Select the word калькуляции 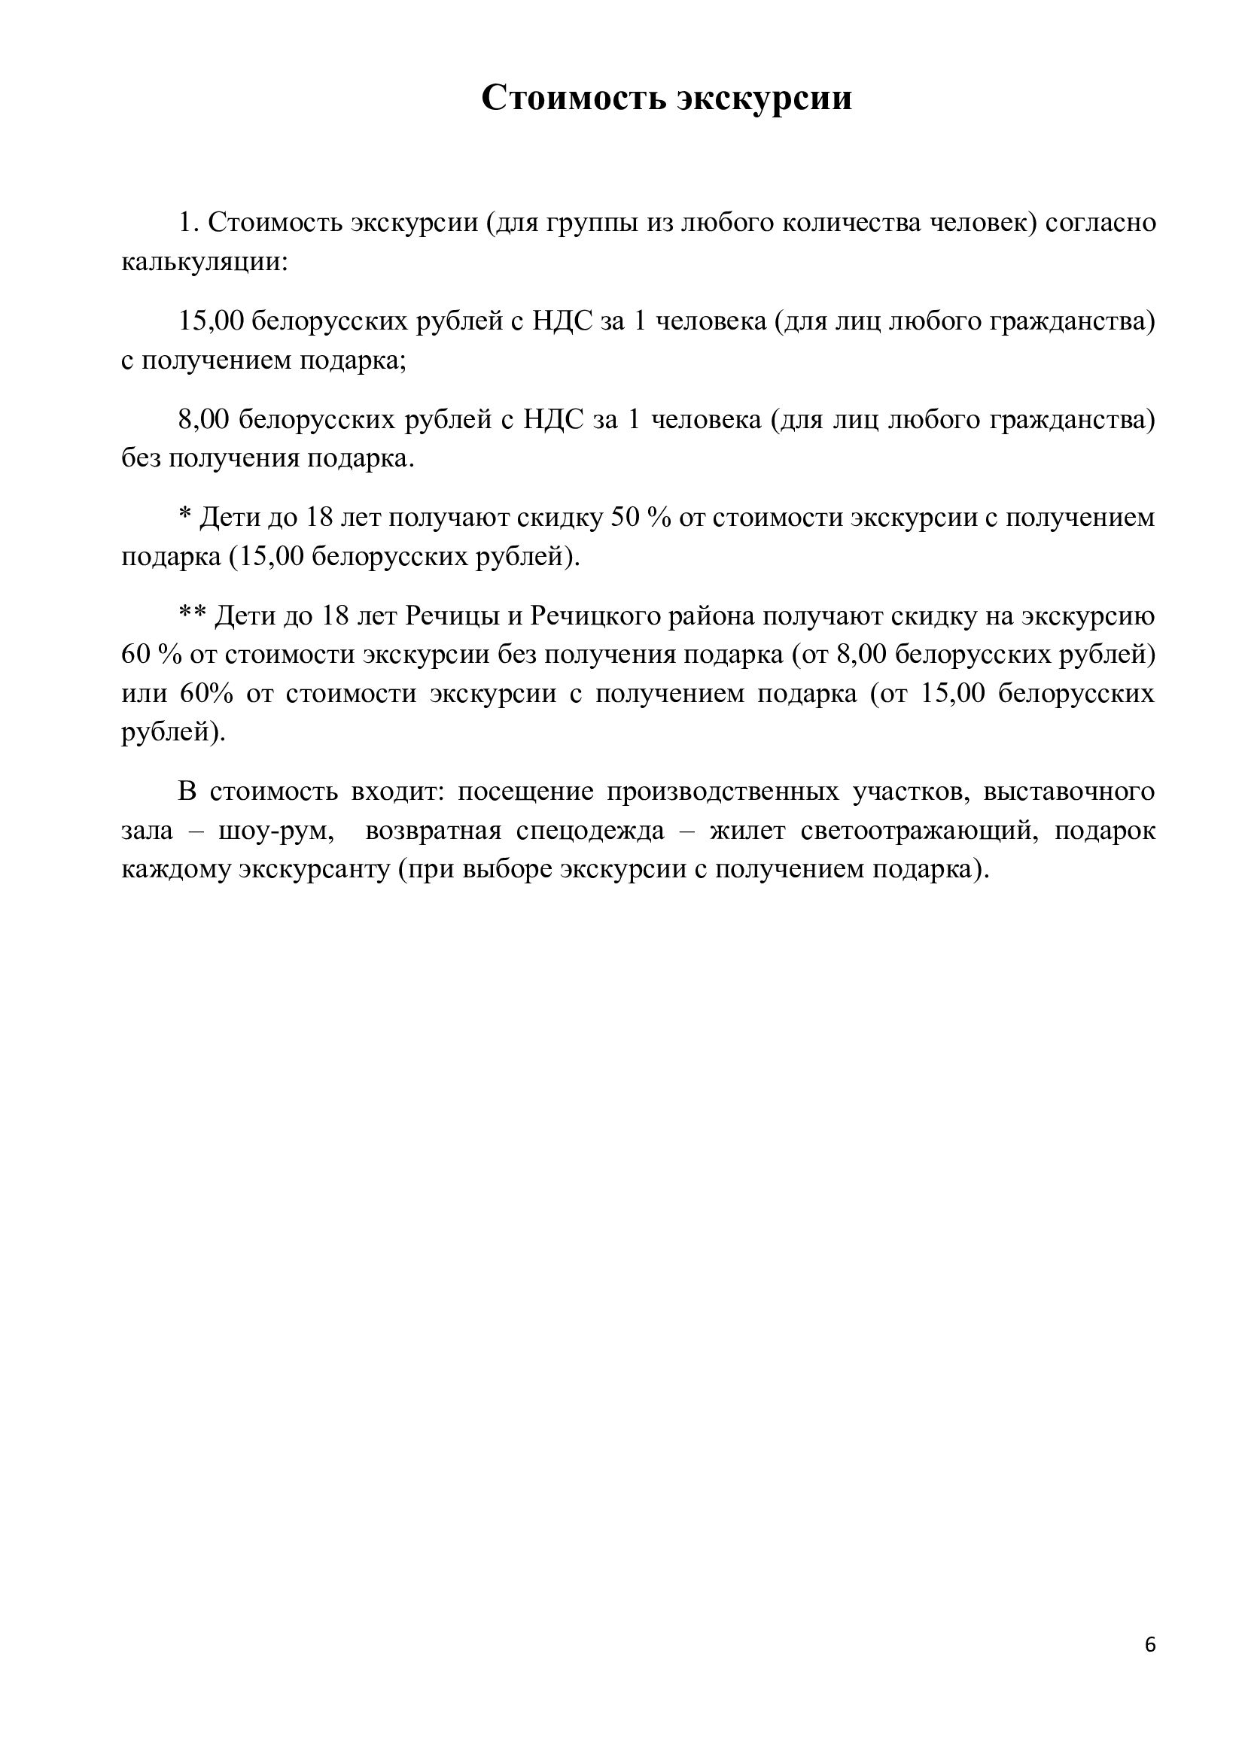tap(204, 262)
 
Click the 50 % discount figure tap(640, 518)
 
